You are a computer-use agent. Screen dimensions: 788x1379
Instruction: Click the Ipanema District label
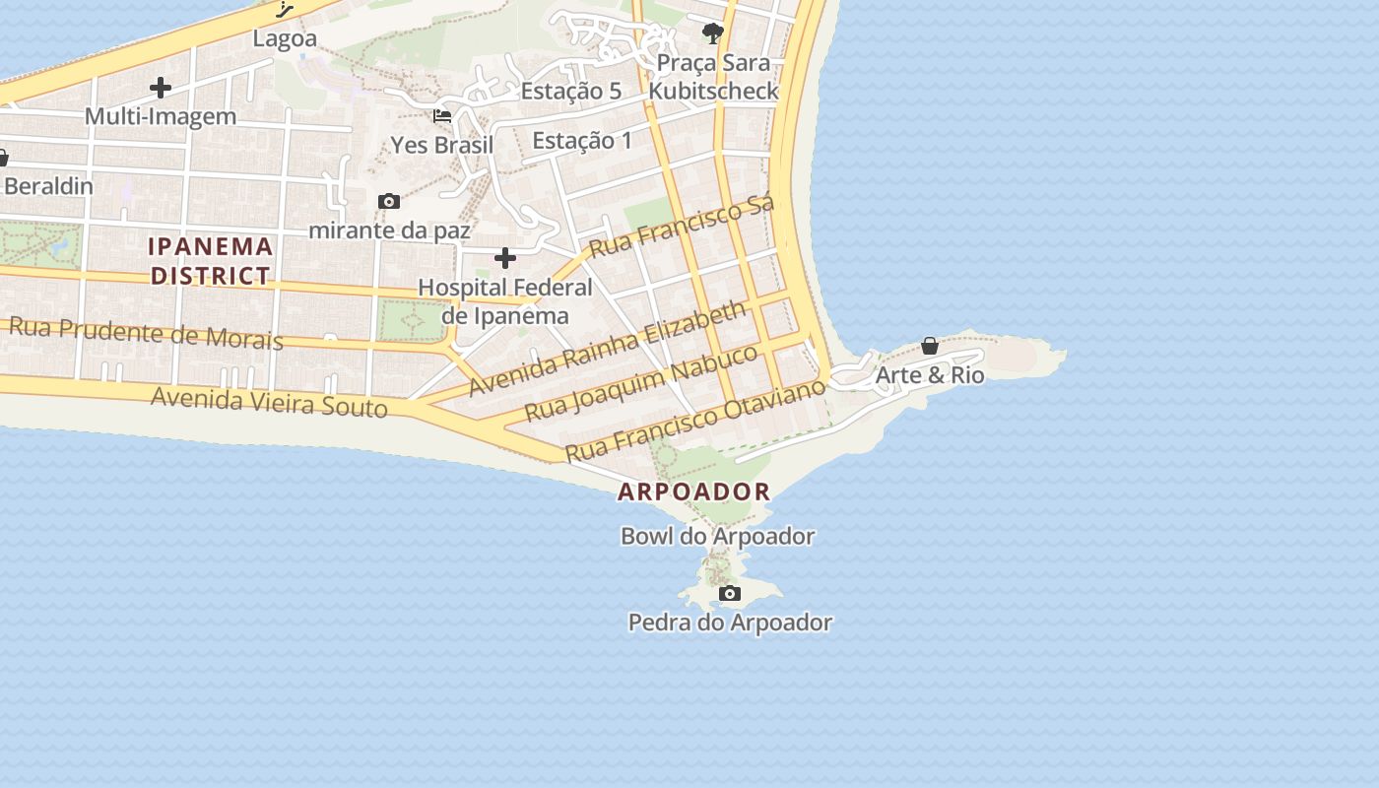coord(210,260)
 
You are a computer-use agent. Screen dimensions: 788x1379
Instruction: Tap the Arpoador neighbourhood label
coord(693,492)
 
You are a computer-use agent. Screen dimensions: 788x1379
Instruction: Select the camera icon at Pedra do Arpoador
coord(730,593)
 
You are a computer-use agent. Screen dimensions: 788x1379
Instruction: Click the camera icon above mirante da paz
coord(389,202)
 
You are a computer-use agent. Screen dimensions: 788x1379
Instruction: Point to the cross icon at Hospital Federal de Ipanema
coord(505,259)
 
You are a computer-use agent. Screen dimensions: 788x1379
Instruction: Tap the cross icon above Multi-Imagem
coord(161,88)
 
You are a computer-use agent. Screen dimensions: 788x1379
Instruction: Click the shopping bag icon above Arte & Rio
coord(930,346)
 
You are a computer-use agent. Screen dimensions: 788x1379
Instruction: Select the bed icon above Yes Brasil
coord(442,116)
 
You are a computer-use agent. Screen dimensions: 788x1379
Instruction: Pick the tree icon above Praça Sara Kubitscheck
coord(713,34)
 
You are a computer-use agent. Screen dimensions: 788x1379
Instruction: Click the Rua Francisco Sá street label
coord(682,226)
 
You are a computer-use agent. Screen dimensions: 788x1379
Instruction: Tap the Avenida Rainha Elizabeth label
coord(607,349)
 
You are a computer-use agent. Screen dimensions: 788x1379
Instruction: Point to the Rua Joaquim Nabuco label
coord(641,382)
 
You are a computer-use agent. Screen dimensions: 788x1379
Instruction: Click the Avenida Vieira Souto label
coord(269,401)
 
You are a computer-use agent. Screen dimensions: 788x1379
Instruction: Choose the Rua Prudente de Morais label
coord(146,333)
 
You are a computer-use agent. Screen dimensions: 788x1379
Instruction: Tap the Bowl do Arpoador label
coord(717,537)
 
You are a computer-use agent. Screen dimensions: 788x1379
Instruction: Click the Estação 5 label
coord(571,92)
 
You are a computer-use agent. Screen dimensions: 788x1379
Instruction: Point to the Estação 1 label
coord(582,141)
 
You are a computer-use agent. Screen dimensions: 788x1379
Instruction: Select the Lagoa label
coord(285,39)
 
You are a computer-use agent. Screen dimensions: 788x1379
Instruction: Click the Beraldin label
coord(48,186)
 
